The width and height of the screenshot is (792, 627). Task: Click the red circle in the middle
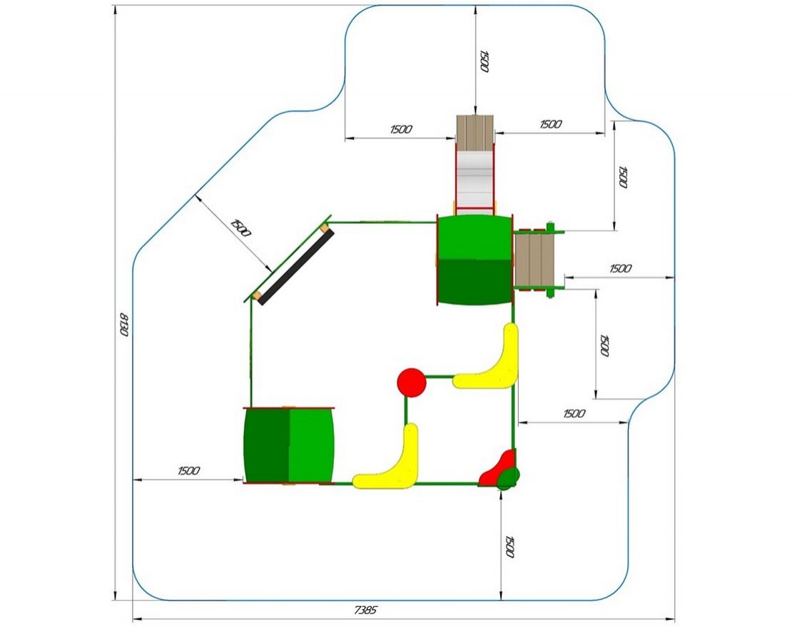pos(412,382)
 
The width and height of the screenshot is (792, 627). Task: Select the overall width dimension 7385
pos(365,610)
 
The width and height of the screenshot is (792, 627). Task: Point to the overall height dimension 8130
pos(123,325)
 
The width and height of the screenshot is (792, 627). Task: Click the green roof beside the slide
pos(475,260)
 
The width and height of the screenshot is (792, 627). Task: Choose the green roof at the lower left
pos(289,444)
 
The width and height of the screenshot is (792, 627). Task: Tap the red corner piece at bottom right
pos(497,468)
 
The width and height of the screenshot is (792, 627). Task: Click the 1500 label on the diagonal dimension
pos(240,228)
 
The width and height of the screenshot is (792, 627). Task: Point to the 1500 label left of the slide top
pos(401,129)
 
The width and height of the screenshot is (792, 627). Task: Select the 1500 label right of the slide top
pos(550,124)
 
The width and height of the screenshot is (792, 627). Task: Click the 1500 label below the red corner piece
pos(509,546)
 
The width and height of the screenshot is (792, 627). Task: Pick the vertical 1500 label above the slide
pos(484,61)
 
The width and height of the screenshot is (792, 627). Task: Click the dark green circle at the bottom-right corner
pos(509,477)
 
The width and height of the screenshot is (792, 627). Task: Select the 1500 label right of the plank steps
pos(620,269)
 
